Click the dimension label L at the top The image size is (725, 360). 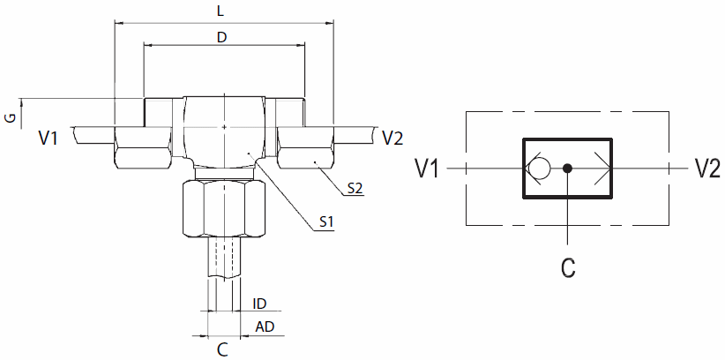pyautogui.click(x=220, y=11)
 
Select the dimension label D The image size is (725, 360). pyautogui.click(x=222, y=38)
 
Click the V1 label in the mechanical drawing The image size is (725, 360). pyautogui.click(x=49, y=138)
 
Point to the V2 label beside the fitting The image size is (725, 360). pyautogui.click(x=392, y=138)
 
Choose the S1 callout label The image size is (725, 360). pyautogui.click(x=326, y=223)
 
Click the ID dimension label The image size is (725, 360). pyautogui.click(x=259, y=304)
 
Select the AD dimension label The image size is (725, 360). pyautogui.click(x=265, y=327)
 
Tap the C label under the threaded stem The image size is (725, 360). pyautogui.click(x=223, y=349)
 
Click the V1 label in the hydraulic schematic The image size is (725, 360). pyautogui.click(x=428, y=169)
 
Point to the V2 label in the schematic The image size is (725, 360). pyautogui.click(x=707, y=169)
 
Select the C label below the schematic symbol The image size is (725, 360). pyautogui.click(x=568, y=267)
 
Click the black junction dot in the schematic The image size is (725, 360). pyautogui.click(x=568, y=169)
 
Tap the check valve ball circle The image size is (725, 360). pyautogui.click(x=539, y=169)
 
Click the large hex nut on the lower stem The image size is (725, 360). pyautogui.click(x=224, y=207)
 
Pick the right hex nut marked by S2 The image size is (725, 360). pyautogui.click(x=306, y=147)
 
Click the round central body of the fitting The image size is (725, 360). pyautogui.click(x=224, y=131)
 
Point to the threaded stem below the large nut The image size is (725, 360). pyautogui.click(x=224, y=258)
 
